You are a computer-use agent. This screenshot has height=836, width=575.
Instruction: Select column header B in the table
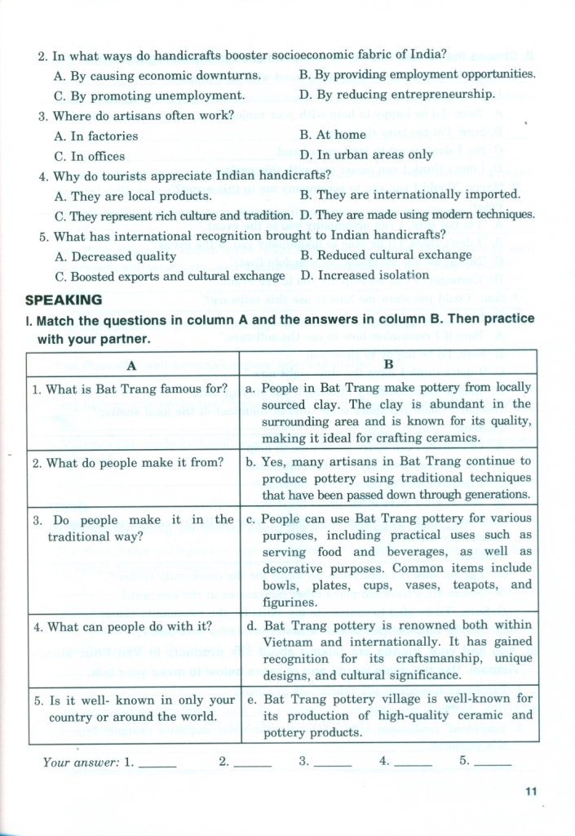point(389,362)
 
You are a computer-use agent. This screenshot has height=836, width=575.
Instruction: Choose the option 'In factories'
point(95,136)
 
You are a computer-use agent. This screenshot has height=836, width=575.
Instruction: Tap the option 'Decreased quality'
point(115,256)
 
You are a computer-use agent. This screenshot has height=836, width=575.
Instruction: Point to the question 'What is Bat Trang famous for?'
point(130,389)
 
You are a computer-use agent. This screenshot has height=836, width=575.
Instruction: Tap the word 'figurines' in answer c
point(289,603)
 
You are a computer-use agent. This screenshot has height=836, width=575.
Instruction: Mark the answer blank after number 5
point(493,764)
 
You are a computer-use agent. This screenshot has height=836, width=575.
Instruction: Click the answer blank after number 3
point(332,764)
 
